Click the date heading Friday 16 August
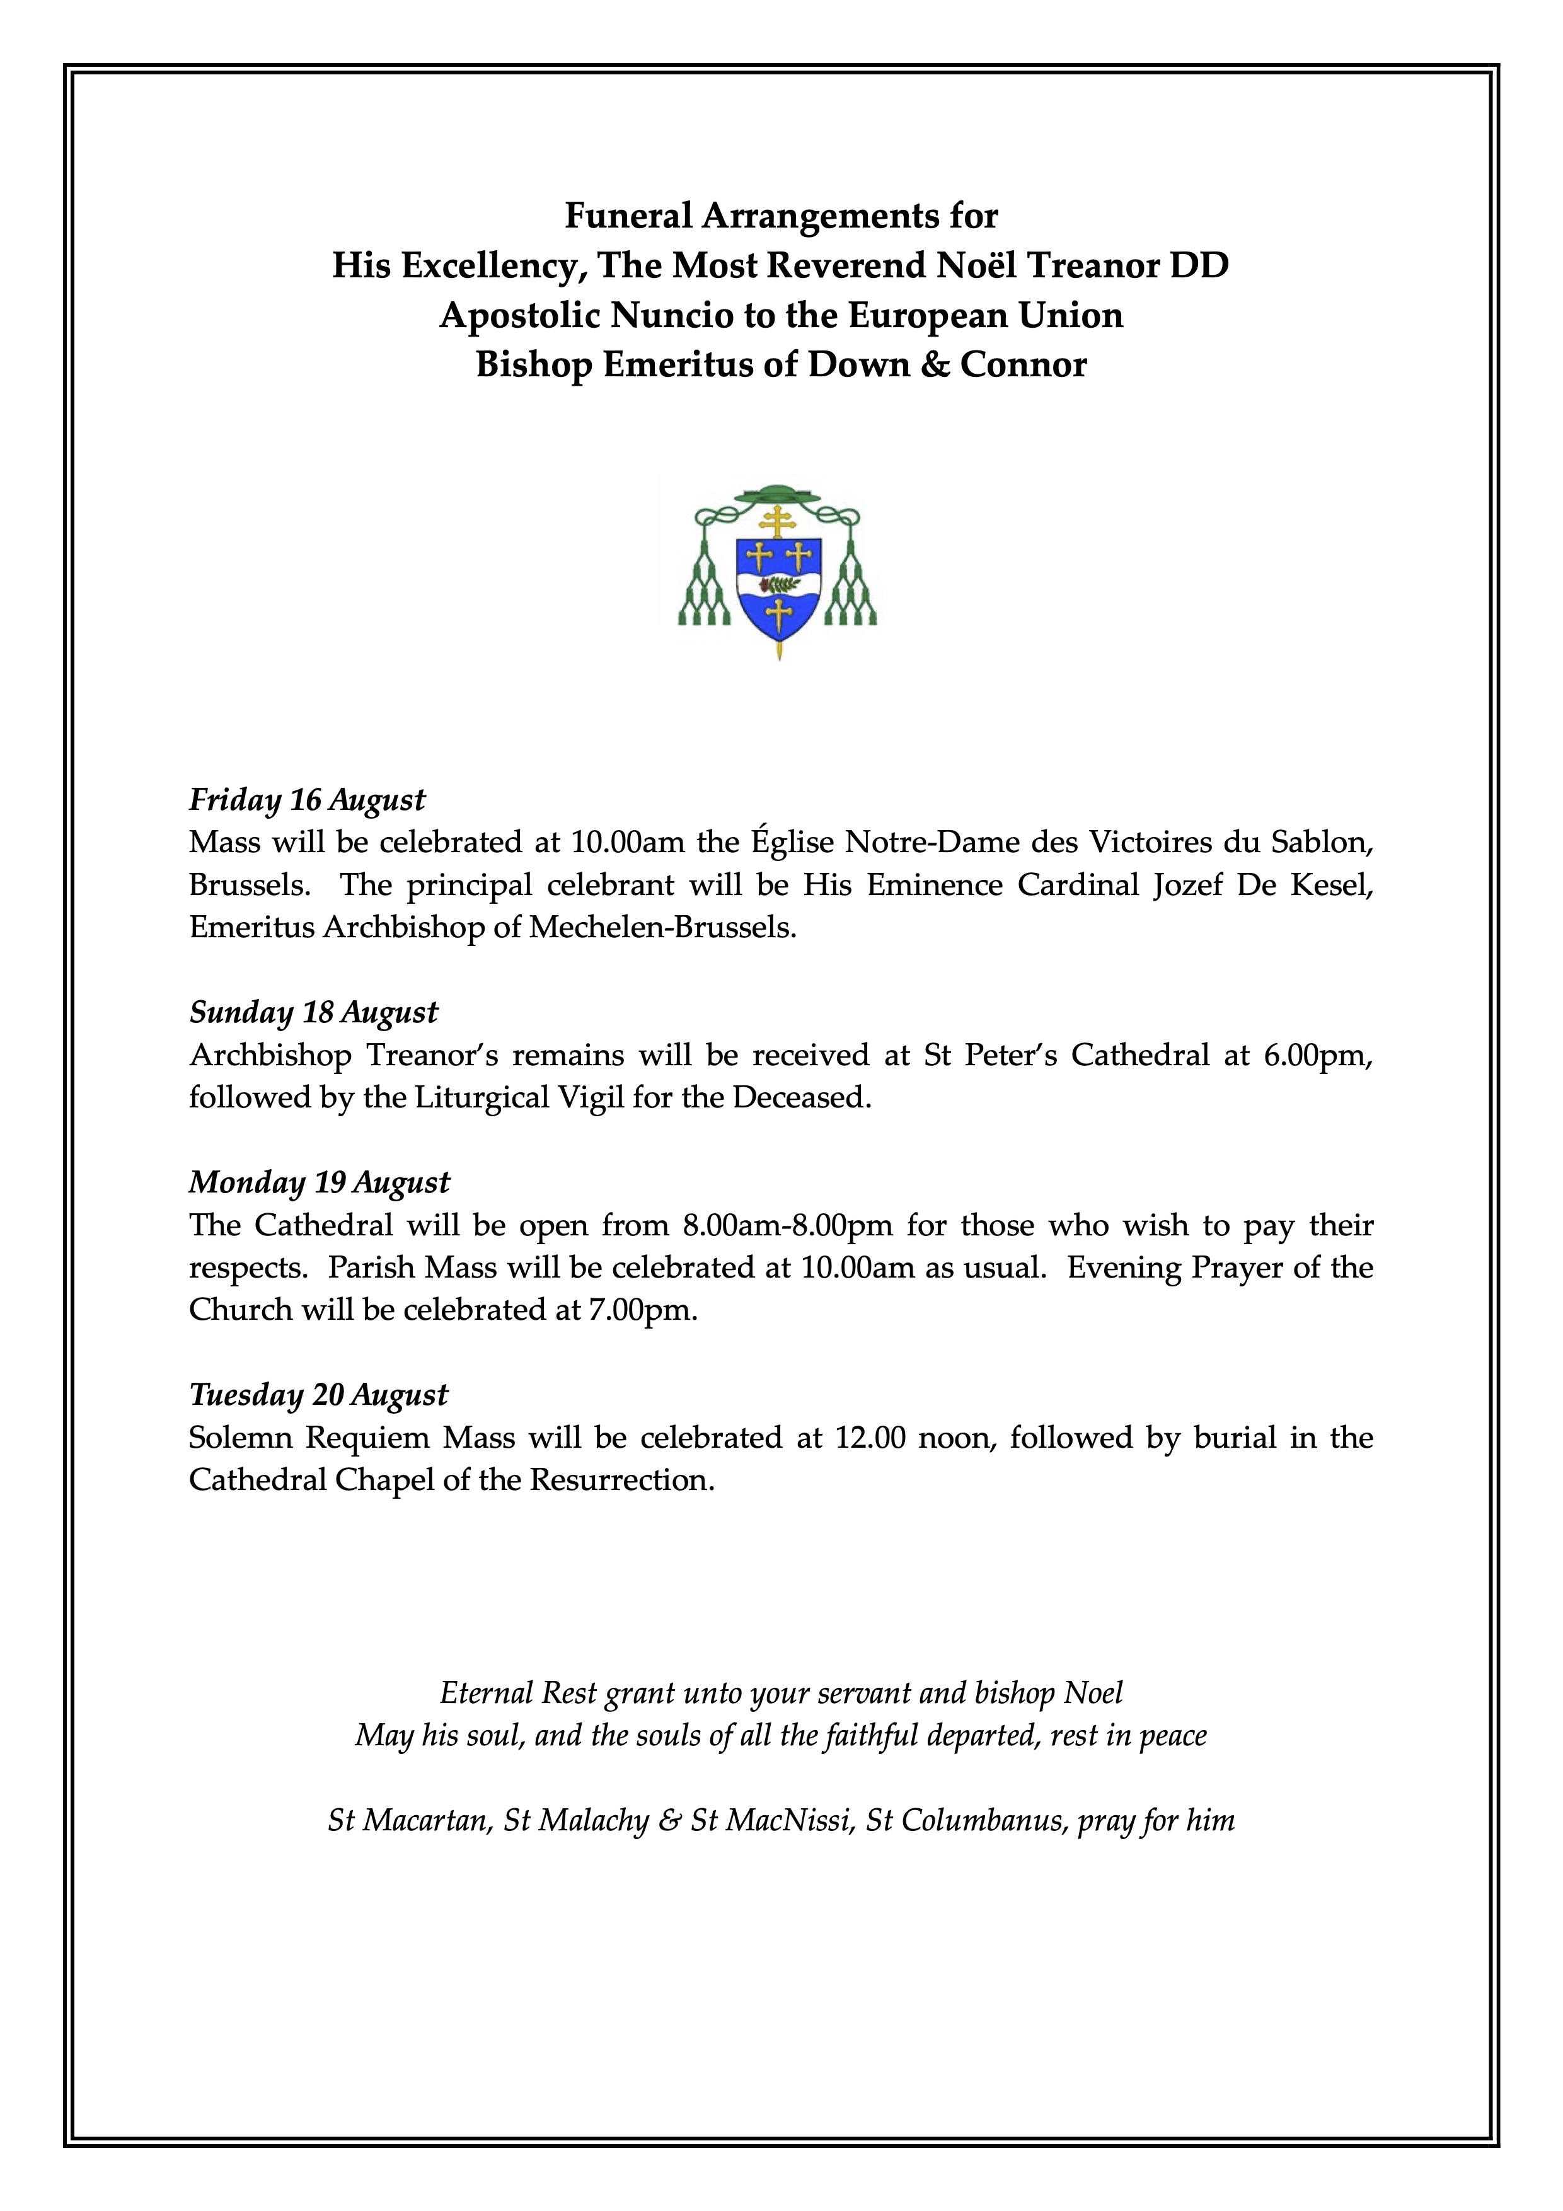tap(306, 800)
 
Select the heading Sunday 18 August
tap(313, 1013)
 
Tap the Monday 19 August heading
tap(319, 1182)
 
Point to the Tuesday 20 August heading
tap(318, 1395)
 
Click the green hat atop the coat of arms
tap(776, 496)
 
